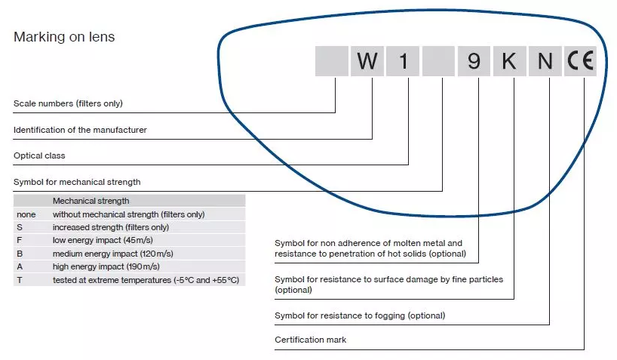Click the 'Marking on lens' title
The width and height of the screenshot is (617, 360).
[x=64, y=37]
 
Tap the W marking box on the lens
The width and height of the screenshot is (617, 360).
[x=367, y=61]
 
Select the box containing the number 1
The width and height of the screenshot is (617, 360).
[x=403, y=61]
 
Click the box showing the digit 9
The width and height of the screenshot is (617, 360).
[x=474, y=61]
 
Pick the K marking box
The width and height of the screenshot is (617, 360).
[x=510, y=61]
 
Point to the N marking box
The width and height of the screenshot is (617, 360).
[x=545, y=61]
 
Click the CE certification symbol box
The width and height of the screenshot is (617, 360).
[x=580, y=61]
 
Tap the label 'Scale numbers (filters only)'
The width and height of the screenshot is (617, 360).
[x=68, y=103]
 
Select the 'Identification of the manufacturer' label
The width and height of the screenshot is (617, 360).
[x=80, y=130]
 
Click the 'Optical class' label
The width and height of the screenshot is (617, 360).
[x=39, y=155]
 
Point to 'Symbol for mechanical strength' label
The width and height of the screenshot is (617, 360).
[x=77, y=182]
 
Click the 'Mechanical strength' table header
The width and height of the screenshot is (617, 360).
[x=91, y=201]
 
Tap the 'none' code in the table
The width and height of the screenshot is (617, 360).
[x=26, y=214]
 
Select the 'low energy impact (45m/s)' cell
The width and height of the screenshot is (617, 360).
[x=103, y=240]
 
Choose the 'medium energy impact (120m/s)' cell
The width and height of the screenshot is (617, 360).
[x=113, y=254]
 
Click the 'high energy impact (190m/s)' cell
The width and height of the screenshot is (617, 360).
[x=106, y=266]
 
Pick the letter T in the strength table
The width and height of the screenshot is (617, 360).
[x=20, y=280]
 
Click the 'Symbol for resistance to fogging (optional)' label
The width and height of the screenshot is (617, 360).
[x=360, y=315]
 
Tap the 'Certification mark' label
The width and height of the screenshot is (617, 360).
[x=311, y=340]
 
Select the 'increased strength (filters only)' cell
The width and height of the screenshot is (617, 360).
[x=111, y=227]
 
